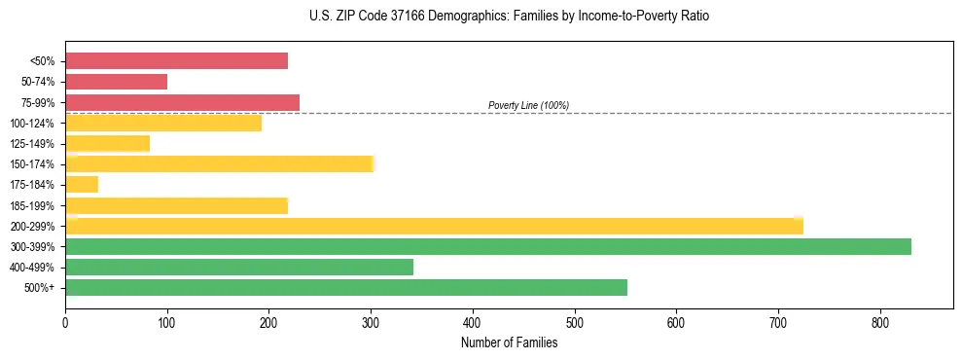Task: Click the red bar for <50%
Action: tap(176, 61)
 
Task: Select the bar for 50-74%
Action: tap(116, 82)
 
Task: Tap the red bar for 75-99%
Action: tap(182, 102)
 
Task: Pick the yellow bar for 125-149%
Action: tap(107, 144)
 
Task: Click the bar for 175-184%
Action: tap(82, 185)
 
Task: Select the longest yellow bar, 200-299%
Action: tap(434, 227)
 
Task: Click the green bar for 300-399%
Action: tap(487, 247)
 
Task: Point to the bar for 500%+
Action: tap(345, 288)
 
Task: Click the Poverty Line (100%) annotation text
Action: tap(528, 105)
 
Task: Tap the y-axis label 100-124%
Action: tap(32, 124)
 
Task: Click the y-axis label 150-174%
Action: tap(32, 164)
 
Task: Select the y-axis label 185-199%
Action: tap(32, 205)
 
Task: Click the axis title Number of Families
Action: tap(509, 342)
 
